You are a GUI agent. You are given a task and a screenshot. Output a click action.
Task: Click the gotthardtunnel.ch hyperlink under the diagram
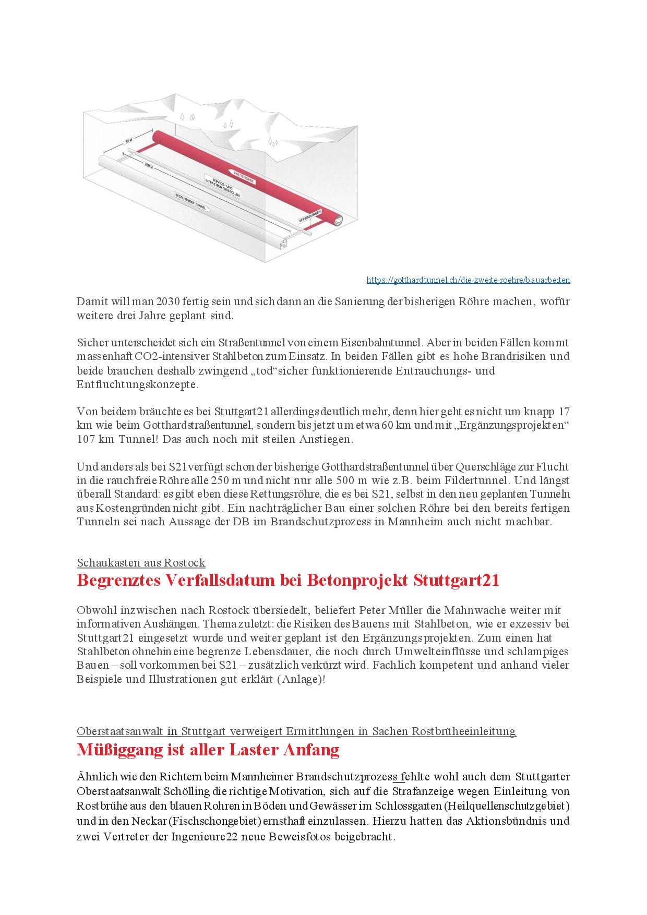468,280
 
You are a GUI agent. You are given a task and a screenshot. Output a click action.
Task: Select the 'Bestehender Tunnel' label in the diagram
191,201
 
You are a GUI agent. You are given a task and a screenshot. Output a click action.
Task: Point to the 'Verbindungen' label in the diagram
310,216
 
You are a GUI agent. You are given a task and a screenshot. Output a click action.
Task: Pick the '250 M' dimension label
149,165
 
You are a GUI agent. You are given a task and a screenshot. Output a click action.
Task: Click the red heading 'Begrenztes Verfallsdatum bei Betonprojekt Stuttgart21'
288,580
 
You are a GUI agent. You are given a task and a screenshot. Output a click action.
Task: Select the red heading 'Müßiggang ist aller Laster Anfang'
208,750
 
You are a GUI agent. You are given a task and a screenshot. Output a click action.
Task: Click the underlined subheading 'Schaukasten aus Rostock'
141,563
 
